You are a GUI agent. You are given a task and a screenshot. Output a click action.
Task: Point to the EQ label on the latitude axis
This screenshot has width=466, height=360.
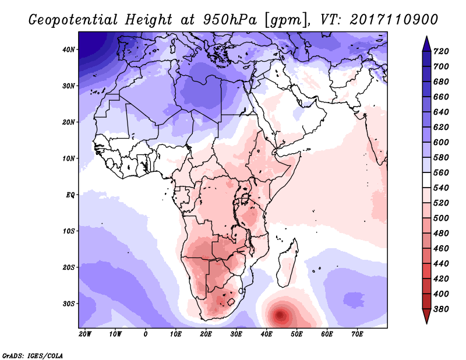(71, 195)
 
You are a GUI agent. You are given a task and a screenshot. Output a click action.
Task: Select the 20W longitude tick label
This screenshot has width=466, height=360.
(84, 334)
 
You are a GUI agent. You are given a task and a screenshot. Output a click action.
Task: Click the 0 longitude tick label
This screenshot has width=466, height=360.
(145, 334)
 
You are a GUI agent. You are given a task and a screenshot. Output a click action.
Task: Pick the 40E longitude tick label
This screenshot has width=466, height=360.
(266, 334)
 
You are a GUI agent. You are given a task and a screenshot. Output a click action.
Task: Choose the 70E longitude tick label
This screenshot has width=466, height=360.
(357, 334)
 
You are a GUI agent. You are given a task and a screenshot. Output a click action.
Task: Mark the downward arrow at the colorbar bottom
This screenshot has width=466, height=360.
(426, 316)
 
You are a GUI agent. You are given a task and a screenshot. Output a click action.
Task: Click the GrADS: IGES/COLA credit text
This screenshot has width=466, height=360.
(33, 354)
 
